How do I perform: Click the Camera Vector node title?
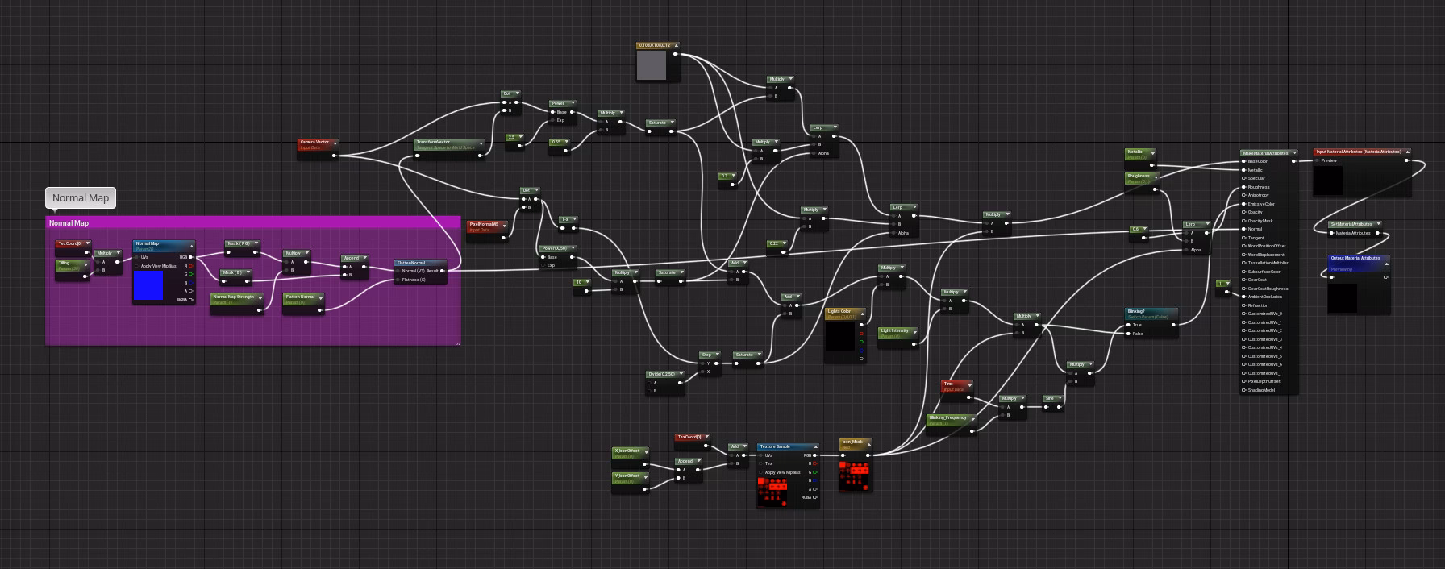[315, 142]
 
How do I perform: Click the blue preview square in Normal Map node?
[148, 286]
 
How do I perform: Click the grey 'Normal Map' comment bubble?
[81, 197]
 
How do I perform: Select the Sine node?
[1051, 399]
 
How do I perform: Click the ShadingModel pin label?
[1261, 390]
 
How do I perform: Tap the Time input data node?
[954, 385]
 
